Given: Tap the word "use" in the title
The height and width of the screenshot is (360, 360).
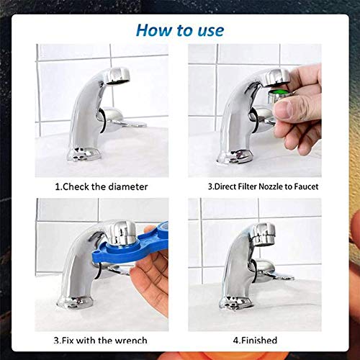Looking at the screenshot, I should tap(208, 30).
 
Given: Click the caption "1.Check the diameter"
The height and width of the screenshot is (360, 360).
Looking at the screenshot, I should tap(101, 186).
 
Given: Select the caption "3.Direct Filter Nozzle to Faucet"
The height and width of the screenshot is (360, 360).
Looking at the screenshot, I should tap(263, 186).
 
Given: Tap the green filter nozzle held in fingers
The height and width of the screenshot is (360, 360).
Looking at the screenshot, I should tap(276, 96).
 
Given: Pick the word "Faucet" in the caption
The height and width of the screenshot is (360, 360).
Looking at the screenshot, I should tap(303, 186).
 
